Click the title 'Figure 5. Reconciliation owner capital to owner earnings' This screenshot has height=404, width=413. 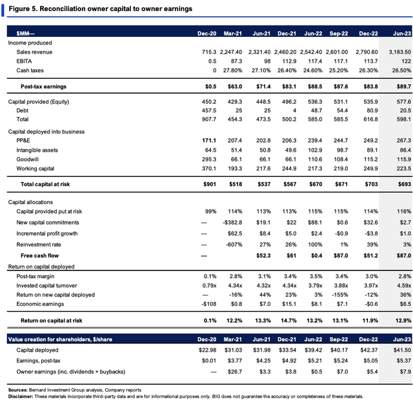tap(101, 8)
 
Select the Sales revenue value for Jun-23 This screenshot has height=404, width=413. tap(400, 52)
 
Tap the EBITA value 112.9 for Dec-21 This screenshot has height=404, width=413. tap(289, 61)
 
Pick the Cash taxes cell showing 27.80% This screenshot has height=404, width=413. tap(232, 70)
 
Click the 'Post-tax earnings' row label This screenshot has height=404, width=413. tap(43, 86)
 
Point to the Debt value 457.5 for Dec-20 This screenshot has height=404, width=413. tap(209, 110)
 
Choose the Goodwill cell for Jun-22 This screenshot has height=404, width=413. tap(315, 159)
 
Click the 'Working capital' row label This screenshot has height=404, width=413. tap(35, 168)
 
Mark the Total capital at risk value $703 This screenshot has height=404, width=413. tap(372, 185)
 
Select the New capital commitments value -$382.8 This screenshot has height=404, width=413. tap(232, 223)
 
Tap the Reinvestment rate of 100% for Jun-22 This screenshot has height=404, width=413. tap(316, 245)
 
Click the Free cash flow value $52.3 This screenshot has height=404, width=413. tap(263, 256)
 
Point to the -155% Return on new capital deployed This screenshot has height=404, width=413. tap(340, 295)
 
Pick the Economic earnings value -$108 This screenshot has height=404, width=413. tap(209, 304)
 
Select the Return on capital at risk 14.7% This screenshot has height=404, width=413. tap(288, 321)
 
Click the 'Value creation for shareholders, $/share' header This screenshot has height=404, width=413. tap(60, 339)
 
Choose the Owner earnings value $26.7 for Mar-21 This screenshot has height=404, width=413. tap(235, 372)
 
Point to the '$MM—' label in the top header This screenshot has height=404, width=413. tap(25, 34)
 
